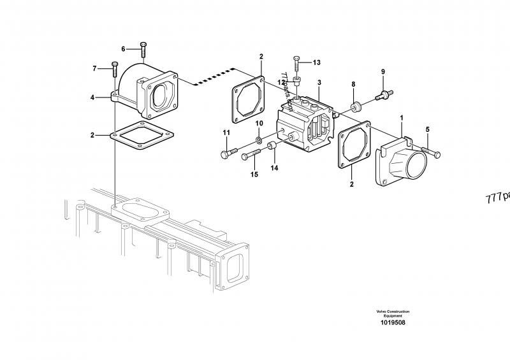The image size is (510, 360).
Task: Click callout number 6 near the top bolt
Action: click(x=124, y=48)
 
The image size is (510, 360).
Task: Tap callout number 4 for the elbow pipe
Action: click(x=92, y=97)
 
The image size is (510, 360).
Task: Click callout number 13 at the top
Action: click(x=317, y=62)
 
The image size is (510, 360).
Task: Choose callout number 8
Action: click(x=353, y=83)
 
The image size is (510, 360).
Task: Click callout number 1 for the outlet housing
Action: click(x=402, y=118)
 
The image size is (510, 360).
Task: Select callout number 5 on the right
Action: click(x=428, y=129)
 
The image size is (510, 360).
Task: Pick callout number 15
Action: click(x=254, y=174)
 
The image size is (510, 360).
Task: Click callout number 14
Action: click(x=275, y=168)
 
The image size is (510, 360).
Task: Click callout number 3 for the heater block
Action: click(x=319, y=82)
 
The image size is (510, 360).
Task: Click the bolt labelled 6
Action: click(x=143, y=48)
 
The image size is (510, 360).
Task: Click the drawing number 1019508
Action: click(x=393, y=322)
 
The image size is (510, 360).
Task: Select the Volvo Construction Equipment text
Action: click(x=393, y=313)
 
